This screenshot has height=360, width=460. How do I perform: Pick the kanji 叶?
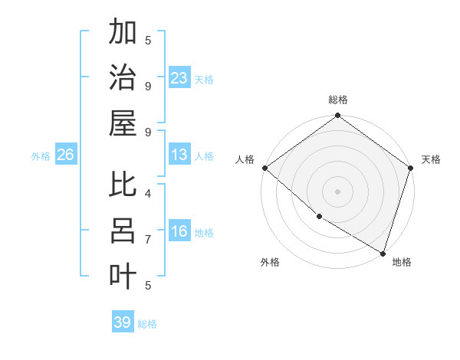[x=123, y=275]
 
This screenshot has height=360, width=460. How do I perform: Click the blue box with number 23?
[x=179, y=77]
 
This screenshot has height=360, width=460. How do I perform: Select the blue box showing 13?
[x=179, y=155]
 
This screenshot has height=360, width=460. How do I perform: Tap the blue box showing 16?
[x=179, y=231]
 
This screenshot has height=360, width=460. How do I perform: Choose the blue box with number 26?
[x=65, y=155]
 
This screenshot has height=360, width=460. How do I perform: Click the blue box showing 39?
[x=123, y=322]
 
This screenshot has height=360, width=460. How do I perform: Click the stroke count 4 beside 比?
[x=148, y=194]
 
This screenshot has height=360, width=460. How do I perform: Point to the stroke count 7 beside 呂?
[x=148, y=239]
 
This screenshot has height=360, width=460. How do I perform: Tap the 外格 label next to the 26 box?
[x=41, y=155]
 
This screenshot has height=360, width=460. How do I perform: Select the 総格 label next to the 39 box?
[x=147, y=324]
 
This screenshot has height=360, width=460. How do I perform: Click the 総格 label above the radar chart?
[x=338, y=100]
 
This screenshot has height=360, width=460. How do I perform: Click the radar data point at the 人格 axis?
[x=264, y=168]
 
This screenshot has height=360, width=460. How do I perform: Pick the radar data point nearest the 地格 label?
[x=383, y=253]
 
